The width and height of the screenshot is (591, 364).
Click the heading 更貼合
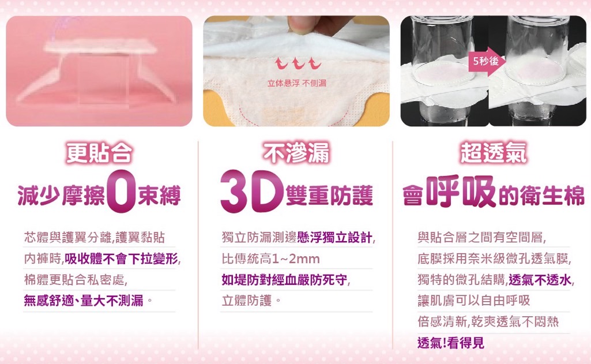click(99, 153)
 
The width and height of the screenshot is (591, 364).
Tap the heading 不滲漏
click(296, 153)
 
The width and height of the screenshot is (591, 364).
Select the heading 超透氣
click(494, 153)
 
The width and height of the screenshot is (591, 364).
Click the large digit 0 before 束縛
click(121, 192)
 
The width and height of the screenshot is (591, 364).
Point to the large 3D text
click(252, 192)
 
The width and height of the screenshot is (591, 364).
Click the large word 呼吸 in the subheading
click(461, 192)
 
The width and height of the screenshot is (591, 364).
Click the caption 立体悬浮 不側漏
click(297, 84)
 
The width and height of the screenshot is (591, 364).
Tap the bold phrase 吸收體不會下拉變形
click(121, 259)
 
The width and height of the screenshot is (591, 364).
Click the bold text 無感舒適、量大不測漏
click(84, 301)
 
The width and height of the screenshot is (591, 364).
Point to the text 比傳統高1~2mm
click(270, 259)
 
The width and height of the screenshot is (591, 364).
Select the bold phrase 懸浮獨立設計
click(334, 238)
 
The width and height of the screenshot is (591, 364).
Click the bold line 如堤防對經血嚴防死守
click(285, 280)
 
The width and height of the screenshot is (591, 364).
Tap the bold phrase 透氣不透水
click(540, 280)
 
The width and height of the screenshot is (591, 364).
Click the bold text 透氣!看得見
click(451, 343)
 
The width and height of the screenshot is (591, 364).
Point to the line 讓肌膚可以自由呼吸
click(474, 301)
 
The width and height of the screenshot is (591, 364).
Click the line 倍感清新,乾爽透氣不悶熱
click(488, 322)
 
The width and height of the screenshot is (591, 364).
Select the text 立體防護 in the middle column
click(247, 301)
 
